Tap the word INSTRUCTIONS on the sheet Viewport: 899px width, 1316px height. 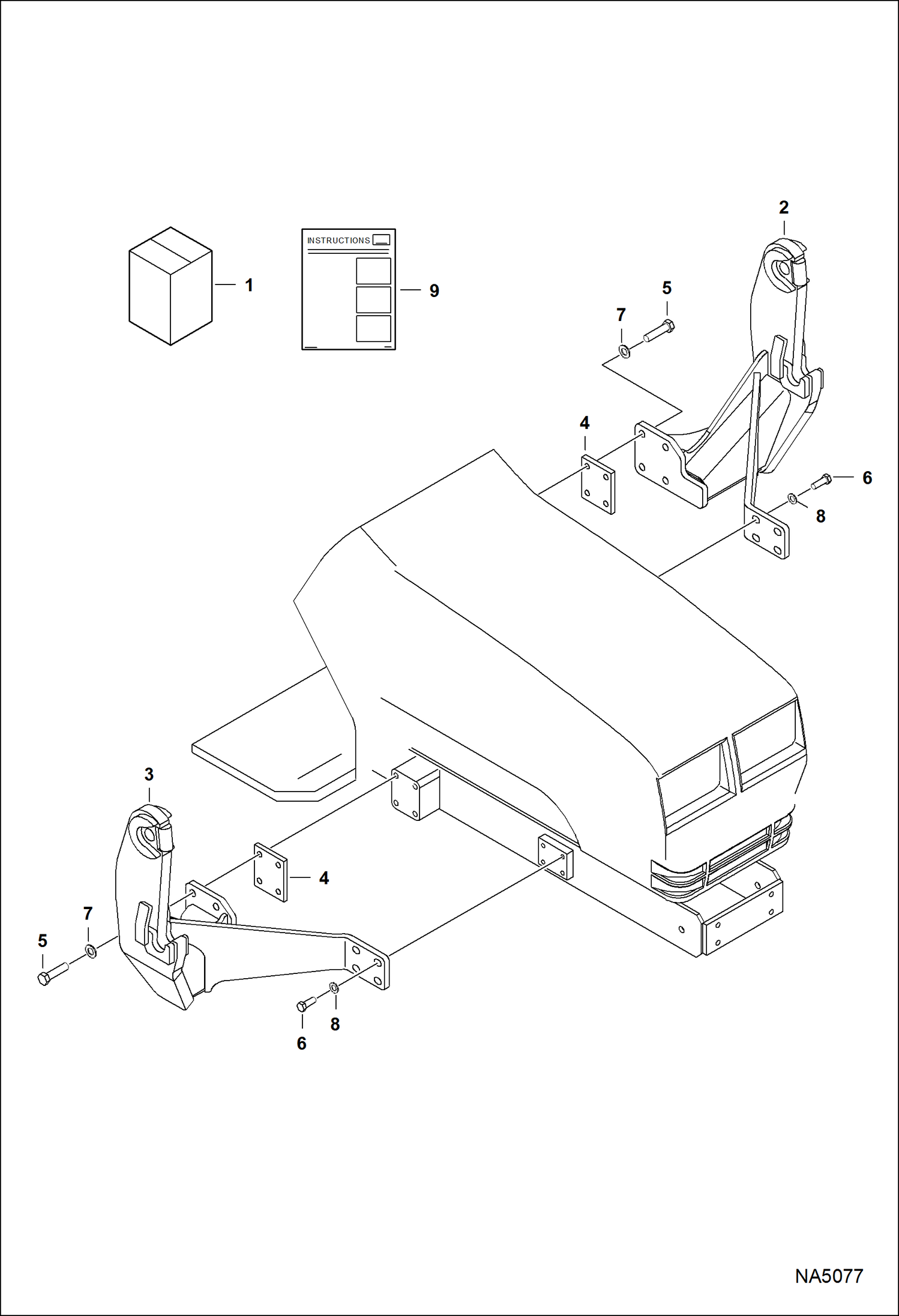(x=338, y=241)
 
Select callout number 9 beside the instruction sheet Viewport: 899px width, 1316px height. (x=434, y=291)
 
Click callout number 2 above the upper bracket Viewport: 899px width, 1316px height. (x=783, y=208)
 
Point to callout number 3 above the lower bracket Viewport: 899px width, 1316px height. (x=149, y=775)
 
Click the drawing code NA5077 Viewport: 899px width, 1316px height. (x=829, y=1276)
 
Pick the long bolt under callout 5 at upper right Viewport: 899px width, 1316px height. (x=659, y=332)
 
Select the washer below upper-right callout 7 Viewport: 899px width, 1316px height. (x=624, y=350)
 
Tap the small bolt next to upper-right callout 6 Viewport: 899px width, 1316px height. (x=820, y=481)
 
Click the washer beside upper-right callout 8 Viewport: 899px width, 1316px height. (x=792, y=498)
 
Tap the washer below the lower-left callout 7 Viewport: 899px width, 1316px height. (x=91, y=951)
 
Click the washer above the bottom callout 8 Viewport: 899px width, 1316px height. (x=334, y=987)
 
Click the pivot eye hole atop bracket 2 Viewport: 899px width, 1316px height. (x=781, y=268)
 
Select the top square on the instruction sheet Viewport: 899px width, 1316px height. (x=373, y=271)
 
